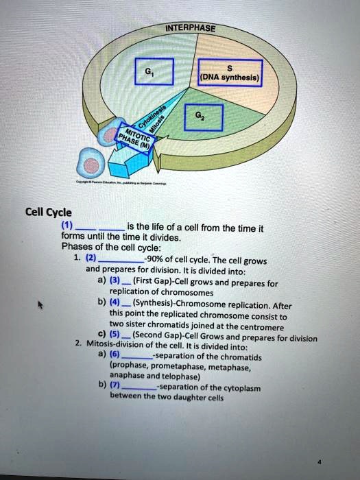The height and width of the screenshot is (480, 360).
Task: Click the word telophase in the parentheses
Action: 178,377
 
